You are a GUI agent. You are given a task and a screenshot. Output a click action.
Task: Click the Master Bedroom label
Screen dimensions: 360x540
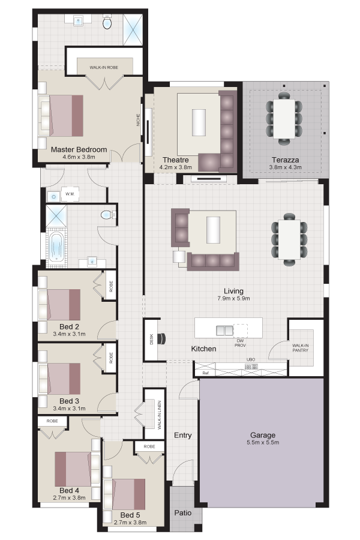pos(79,149)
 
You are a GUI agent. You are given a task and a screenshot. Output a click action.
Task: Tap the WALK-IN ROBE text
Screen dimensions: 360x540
pos(104,67)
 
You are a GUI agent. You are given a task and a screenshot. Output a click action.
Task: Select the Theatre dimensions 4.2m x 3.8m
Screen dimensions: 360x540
pos(175,167)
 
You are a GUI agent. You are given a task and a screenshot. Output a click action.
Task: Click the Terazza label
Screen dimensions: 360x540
pos(285,160)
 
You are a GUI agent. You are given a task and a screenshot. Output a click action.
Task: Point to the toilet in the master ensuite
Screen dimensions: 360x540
pos(107,23)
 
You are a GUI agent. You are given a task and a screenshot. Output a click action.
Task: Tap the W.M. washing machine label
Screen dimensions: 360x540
pos(70,194)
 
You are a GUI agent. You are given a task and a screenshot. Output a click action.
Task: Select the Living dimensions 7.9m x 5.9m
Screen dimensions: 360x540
pos(233,299)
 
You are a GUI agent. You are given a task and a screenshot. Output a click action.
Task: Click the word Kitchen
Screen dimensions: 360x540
pos(203,349)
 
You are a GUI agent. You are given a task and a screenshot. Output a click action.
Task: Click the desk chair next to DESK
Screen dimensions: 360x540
pos(161,339)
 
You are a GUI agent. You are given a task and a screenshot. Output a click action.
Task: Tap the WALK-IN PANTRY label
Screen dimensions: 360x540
pos(300,348)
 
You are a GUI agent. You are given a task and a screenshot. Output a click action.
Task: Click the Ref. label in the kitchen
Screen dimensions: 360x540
pos(206,373)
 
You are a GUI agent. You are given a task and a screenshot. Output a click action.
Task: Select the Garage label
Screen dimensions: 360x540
pos(263,436)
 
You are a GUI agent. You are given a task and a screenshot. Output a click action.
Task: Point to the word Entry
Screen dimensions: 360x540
pos(182,436)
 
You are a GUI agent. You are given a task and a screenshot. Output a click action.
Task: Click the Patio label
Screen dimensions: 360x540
pos(182,513)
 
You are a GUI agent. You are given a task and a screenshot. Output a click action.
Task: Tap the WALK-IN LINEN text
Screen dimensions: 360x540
pos(159,415)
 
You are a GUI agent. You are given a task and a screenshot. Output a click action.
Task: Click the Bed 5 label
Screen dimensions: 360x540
pos(130,515)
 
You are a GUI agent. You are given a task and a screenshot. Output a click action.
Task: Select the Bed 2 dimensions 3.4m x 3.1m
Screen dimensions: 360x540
pos(69,334)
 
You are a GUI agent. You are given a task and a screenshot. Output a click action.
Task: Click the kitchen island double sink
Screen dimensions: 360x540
pos(224,331)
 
